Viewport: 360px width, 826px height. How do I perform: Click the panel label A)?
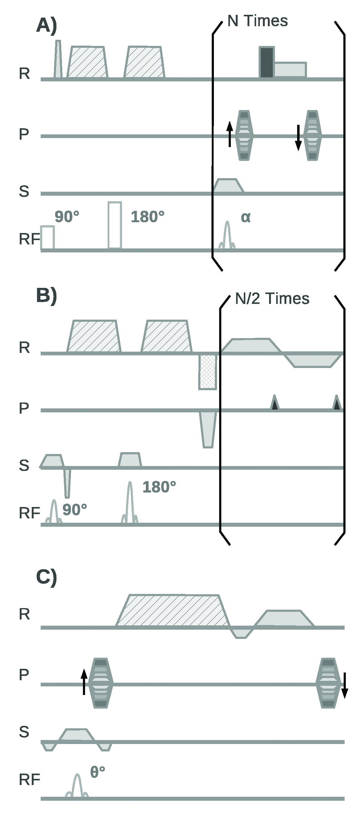tap(47, 25)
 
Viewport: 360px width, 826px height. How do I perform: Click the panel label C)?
tap(47, 577)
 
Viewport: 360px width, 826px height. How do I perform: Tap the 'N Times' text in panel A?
tap(257, 21)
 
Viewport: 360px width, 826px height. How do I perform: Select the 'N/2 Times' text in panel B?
tap(272, 299)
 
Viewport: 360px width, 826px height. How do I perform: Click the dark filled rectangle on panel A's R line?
tap(267, 62)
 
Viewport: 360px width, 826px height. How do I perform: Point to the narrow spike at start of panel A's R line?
tap(58, 59)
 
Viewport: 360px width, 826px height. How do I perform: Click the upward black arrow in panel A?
tap(230, 134)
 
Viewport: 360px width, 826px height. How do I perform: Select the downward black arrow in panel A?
tap(298, 137)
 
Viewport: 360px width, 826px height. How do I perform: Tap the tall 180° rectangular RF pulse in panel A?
tap(115, 225)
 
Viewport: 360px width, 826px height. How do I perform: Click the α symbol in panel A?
tap(246, 217)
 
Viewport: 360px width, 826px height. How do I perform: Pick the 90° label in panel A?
tap(67, 217)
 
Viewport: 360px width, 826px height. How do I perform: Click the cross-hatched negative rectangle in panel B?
tap(208, 372)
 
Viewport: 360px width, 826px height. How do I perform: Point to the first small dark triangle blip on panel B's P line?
tap(274, 403)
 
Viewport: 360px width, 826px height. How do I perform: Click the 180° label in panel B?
tap(159, 487)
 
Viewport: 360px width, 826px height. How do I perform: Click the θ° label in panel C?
tap(97, 771)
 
